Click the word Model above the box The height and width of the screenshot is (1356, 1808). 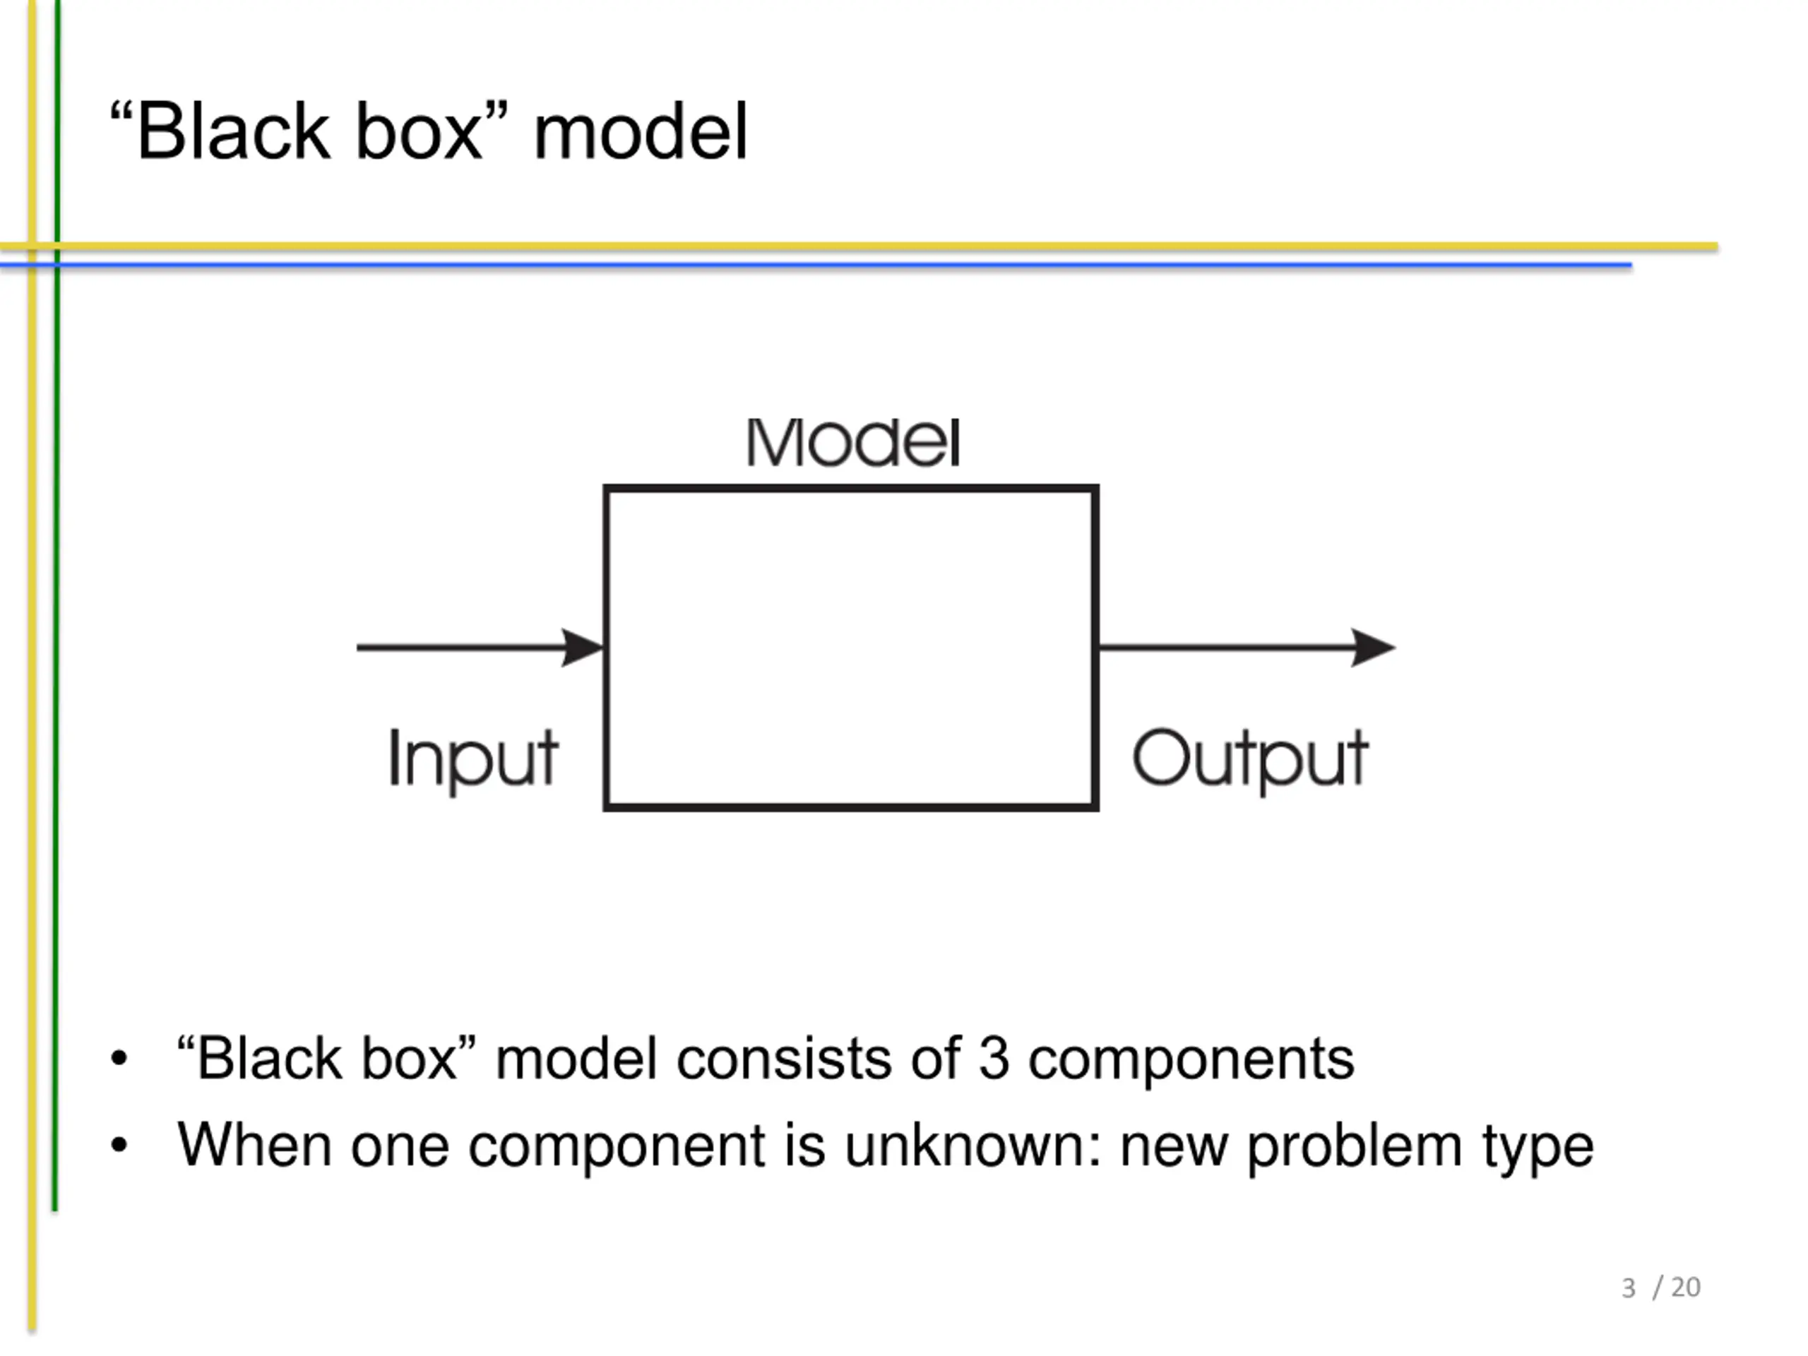point(852,442)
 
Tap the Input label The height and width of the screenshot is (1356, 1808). point(473,759)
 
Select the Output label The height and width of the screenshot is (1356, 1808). point(1250,759)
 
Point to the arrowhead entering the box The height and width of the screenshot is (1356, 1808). point(582,648)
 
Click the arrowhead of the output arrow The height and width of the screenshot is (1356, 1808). point(1372,648)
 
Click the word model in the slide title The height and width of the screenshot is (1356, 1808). point(641,131)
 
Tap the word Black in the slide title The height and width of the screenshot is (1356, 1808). point(234,131)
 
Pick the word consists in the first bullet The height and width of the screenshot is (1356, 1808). point(784,1059)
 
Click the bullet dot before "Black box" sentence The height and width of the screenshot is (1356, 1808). point(119,1058)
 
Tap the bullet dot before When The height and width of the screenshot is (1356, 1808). point(119,1144)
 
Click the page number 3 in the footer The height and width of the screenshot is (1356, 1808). point(1628,1288)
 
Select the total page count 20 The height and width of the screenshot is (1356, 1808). point(1685,1287)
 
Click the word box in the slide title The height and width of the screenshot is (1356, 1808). point(420,131)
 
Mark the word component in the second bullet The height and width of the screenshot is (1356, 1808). point(617,1149)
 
